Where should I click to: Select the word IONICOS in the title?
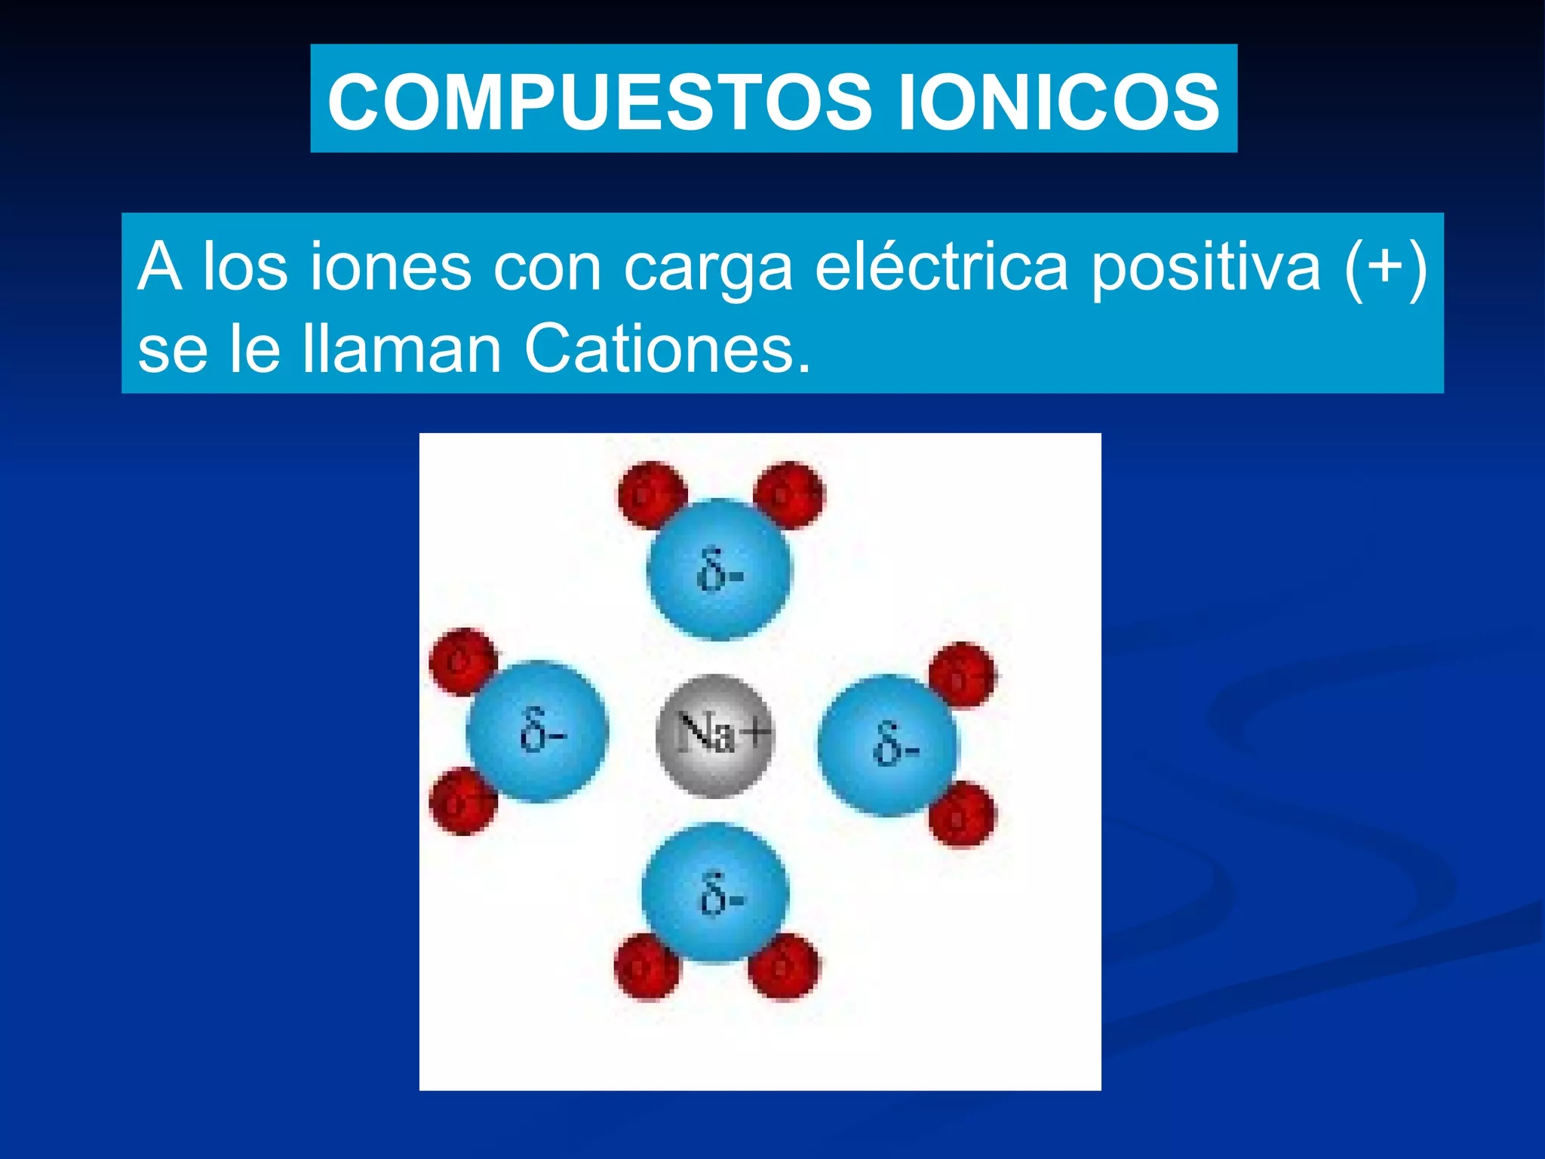[x=1058, y=102]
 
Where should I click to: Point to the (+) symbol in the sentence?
[x=1386, y=266]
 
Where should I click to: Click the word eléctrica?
[x=941, y=266]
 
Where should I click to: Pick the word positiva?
[x=1206, y=267]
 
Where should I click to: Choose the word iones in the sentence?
[x=391, y=266]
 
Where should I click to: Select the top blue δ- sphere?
[x=719, y=570]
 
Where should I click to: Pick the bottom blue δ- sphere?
[x=715, y=893]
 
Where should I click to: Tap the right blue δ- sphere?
[x=888, y=745]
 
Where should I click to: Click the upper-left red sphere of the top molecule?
[x=651, y=495]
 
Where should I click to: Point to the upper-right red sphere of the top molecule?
[x=789, y=495]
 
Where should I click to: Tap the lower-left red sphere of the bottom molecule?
[x=647, y=967]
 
